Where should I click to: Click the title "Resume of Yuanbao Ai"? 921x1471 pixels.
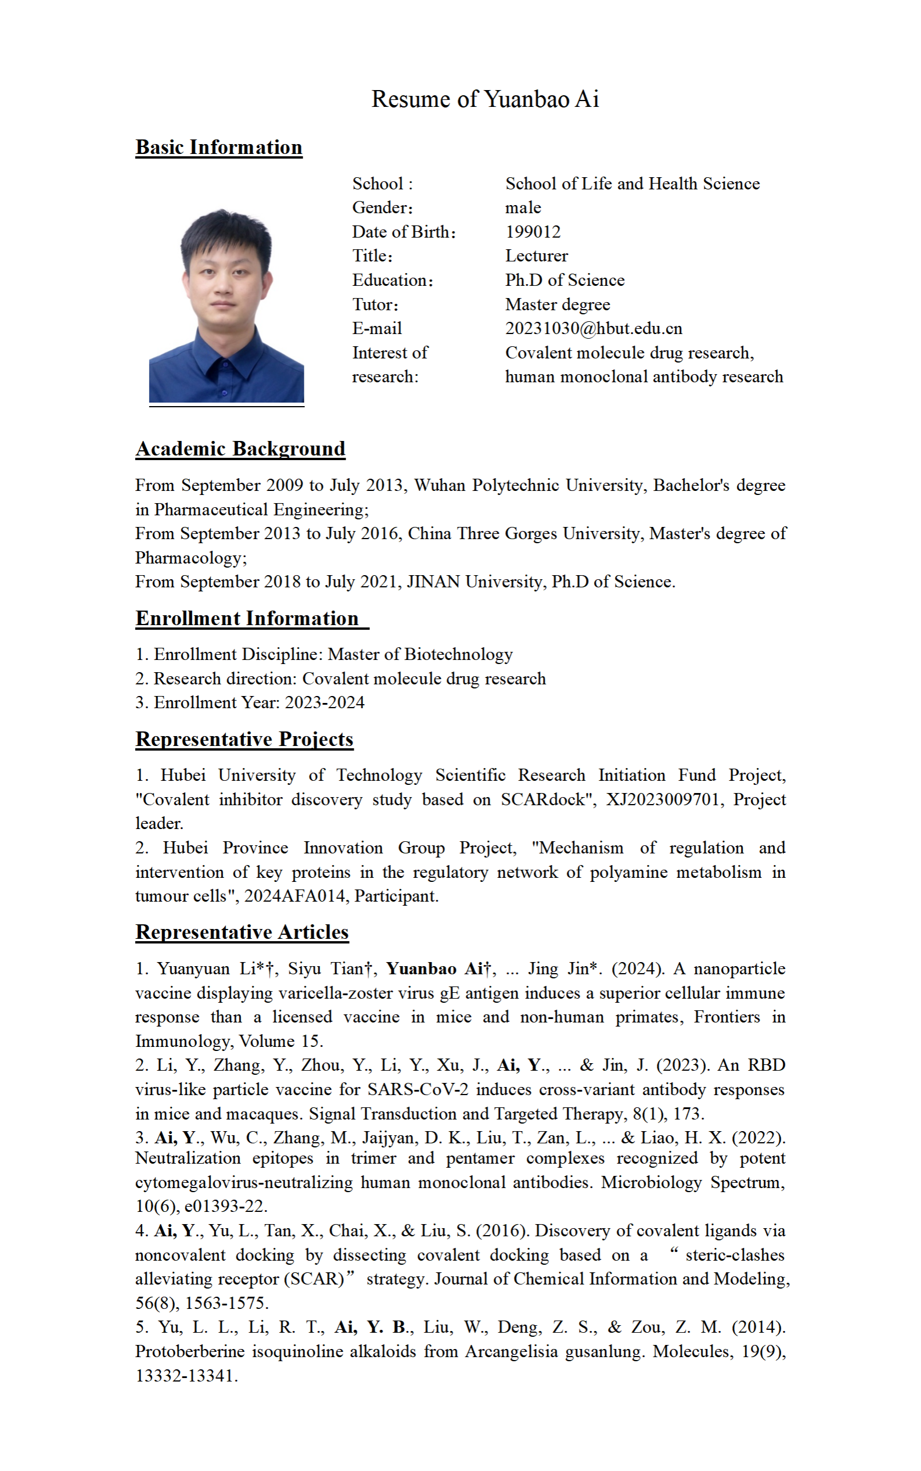coord(485,99)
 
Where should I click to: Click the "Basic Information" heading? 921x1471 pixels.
coord(219,148)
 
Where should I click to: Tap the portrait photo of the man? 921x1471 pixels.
coord(226,304)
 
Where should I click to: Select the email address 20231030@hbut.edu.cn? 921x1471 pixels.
coord(593,328)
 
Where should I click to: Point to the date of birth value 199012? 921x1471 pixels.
coord(533,232)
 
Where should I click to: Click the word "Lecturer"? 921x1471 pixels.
coord(536,256)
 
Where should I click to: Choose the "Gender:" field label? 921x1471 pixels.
coord(382,208)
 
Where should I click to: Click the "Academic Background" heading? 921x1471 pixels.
coord(240,449)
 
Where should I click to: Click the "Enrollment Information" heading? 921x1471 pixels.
coord(247,619)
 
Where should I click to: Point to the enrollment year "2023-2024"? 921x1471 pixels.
coord(325,702)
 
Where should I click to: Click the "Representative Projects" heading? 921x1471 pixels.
coord(244,739)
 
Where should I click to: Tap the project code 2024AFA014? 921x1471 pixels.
coord(296,896)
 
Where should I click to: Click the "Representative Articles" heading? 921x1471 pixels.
coord(242,932)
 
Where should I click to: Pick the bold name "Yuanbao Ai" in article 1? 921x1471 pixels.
coord(430,969)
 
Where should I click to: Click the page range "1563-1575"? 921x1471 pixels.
coord(226,1303)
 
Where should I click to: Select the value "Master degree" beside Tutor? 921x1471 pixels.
coord(557,304)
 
